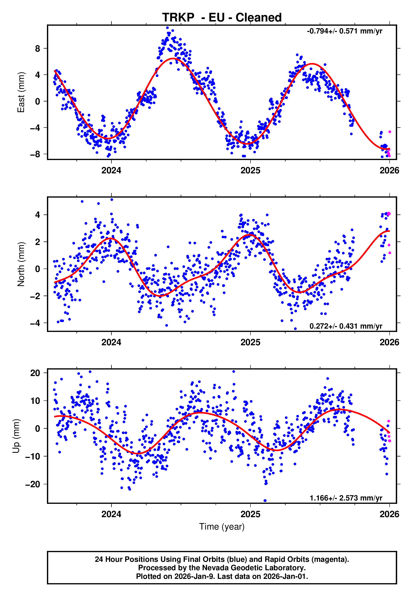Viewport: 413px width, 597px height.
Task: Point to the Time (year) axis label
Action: pos(222,527)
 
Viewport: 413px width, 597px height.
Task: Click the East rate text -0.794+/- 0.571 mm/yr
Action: pos(344,31)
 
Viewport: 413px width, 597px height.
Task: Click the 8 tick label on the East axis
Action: pos(38,48)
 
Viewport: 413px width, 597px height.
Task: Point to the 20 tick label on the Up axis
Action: pos(35,373)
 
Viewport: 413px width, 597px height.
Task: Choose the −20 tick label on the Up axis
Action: pos(33,484)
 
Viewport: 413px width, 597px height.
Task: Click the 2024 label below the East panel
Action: pos(111,171)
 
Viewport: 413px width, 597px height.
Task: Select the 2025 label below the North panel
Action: pos(250,343)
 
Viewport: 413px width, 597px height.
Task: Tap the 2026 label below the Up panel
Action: pos(389,514)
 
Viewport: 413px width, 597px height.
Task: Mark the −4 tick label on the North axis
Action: pos(35,323)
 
